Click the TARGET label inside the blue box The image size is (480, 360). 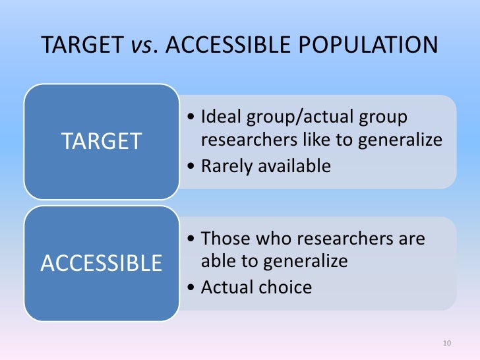tap(102, 141)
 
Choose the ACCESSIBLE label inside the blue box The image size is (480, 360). tap(102, 263)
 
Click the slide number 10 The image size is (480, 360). tap(447, 344)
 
